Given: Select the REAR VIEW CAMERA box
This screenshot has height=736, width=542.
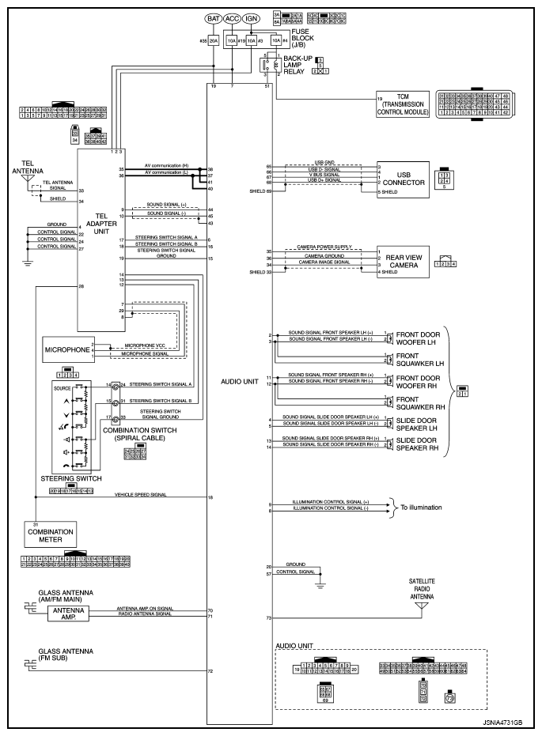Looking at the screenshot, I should (x=402, y=261).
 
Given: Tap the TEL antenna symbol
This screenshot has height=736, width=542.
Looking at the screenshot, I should (x=29, y=180).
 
